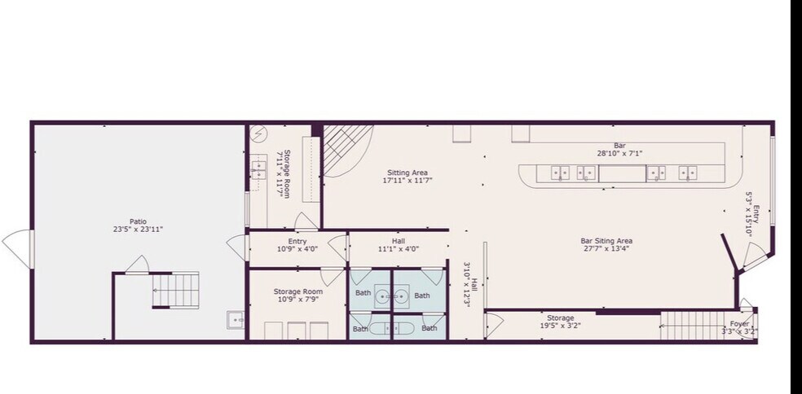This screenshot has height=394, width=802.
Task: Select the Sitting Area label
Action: (x=408, y=173)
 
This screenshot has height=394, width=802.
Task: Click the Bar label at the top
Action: (x=619, y=146)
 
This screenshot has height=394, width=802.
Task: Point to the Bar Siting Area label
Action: (x=606, y=241)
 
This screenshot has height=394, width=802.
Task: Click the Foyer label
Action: (x=739, y=324)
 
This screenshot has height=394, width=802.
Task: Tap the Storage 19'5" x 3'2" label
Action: (x=560, y=318)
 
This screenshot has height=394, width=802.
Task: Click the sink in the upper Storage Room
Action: (x=258, y=169)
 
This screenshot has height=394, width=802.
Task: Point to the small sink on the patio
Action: (x=236, y=320)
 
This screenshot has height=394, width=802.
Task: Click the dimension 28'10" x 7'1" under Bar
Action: (x=619, y=153)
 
